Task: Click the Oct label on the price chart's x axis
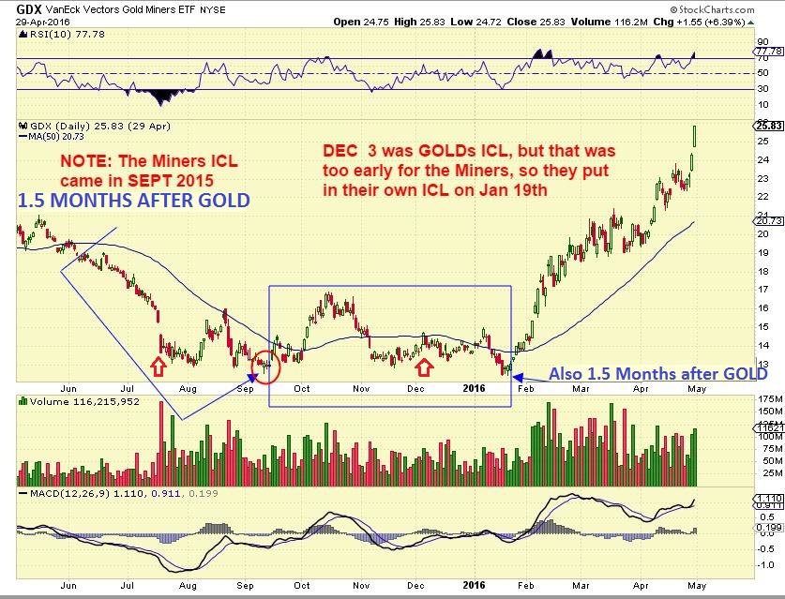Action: coord(302,386)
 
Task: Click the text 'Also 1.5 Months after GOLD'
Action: coord(657,373)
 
